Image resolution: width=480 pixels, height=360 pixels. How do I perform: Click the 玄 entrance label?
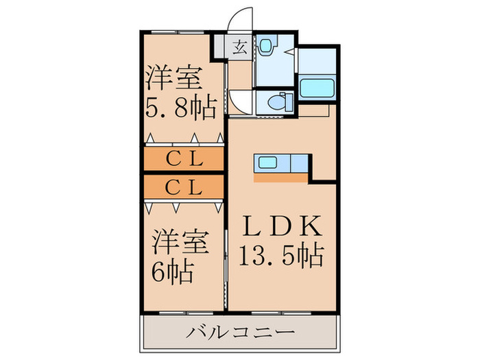tap(240, 47)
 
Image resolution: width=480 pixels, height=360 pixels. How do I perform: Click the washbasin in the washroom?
tap(265, 47)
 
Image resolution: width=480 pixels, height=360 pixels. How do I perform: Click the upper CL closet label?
tap(184, 158)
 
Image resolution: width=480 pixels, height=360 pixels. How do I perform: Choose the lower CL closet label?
tap(184, 186)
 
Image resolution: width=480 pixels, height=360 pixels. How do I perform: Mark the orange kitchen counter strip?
tap(281, 178)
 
